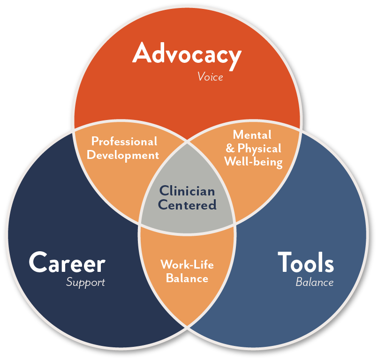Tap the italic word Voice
point(210,77)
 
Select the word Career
point(67,262)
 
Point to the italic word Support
point(85,282)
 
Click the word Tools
point(306,262)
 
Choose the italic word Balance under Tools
point(314,282)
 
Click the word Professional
point(124,141)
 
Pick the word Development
point(123,155)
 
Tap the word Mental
point(252,135)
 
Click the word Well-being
point(253,162)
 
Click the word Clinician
point(187,191)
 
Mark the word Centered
point(187,204)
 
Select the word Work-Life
point(187,264)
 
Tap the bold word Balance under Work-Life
point(187,278)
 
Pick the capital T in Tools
point(284,262)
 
